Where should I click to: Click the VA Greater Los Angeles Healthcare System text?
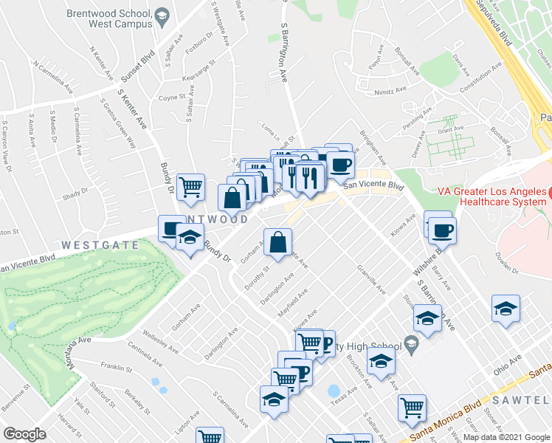pyautogui.click(x=492, y=197)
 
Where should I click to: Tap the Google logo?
pyautogui.click(x=24, y=433)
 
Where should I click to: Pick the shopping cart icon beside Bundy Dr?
pyautogui.click(x=190, y=188)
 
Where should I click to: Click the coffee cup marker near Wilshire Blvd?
pyautogui.click(x=442, y=231)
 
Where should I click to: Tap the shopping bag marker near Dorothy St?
pyautogui.click(x=277, y=243)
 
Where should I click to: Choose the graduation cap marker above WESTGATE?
pyautogui.click(x=190, y=239)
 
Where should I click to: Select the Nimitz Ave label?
pyautogui.click(x=390, y=91)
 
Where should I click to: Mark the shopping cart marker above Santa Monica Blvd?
pyautogui.click(x=412, y=408)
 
